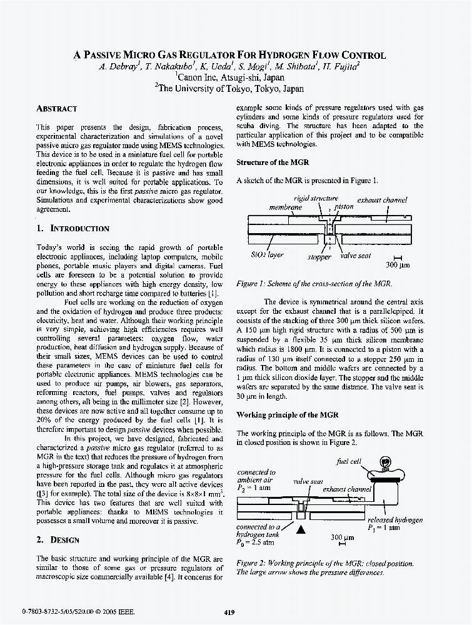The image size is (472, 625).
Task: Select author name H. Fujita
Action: click(x=340, y=67)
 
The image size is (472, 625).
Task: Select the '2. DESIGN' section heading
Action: click(x=57, y=539)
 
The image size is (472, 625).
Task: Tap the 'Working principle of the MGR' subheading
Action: click(x=287, y=415)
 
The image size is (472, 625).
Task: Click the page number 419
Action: click(x=229, y=612)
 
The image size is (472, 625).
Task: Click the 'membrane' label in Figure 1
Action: click(x=285, y=207)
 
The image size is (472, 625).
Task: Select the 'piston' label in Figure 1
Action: click(x=344, y=206)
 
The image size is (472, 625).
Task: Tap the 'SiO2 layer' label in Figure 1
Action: click(x=267, y=256)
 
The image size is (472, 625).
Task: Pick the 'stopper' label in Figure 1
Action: click(x=319, y=257)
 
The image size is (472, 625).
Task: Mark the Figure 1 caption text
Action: click(x=314, y=284)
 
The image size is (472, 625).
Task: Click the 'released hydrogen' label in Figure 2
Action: click(x=395, y=520)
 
